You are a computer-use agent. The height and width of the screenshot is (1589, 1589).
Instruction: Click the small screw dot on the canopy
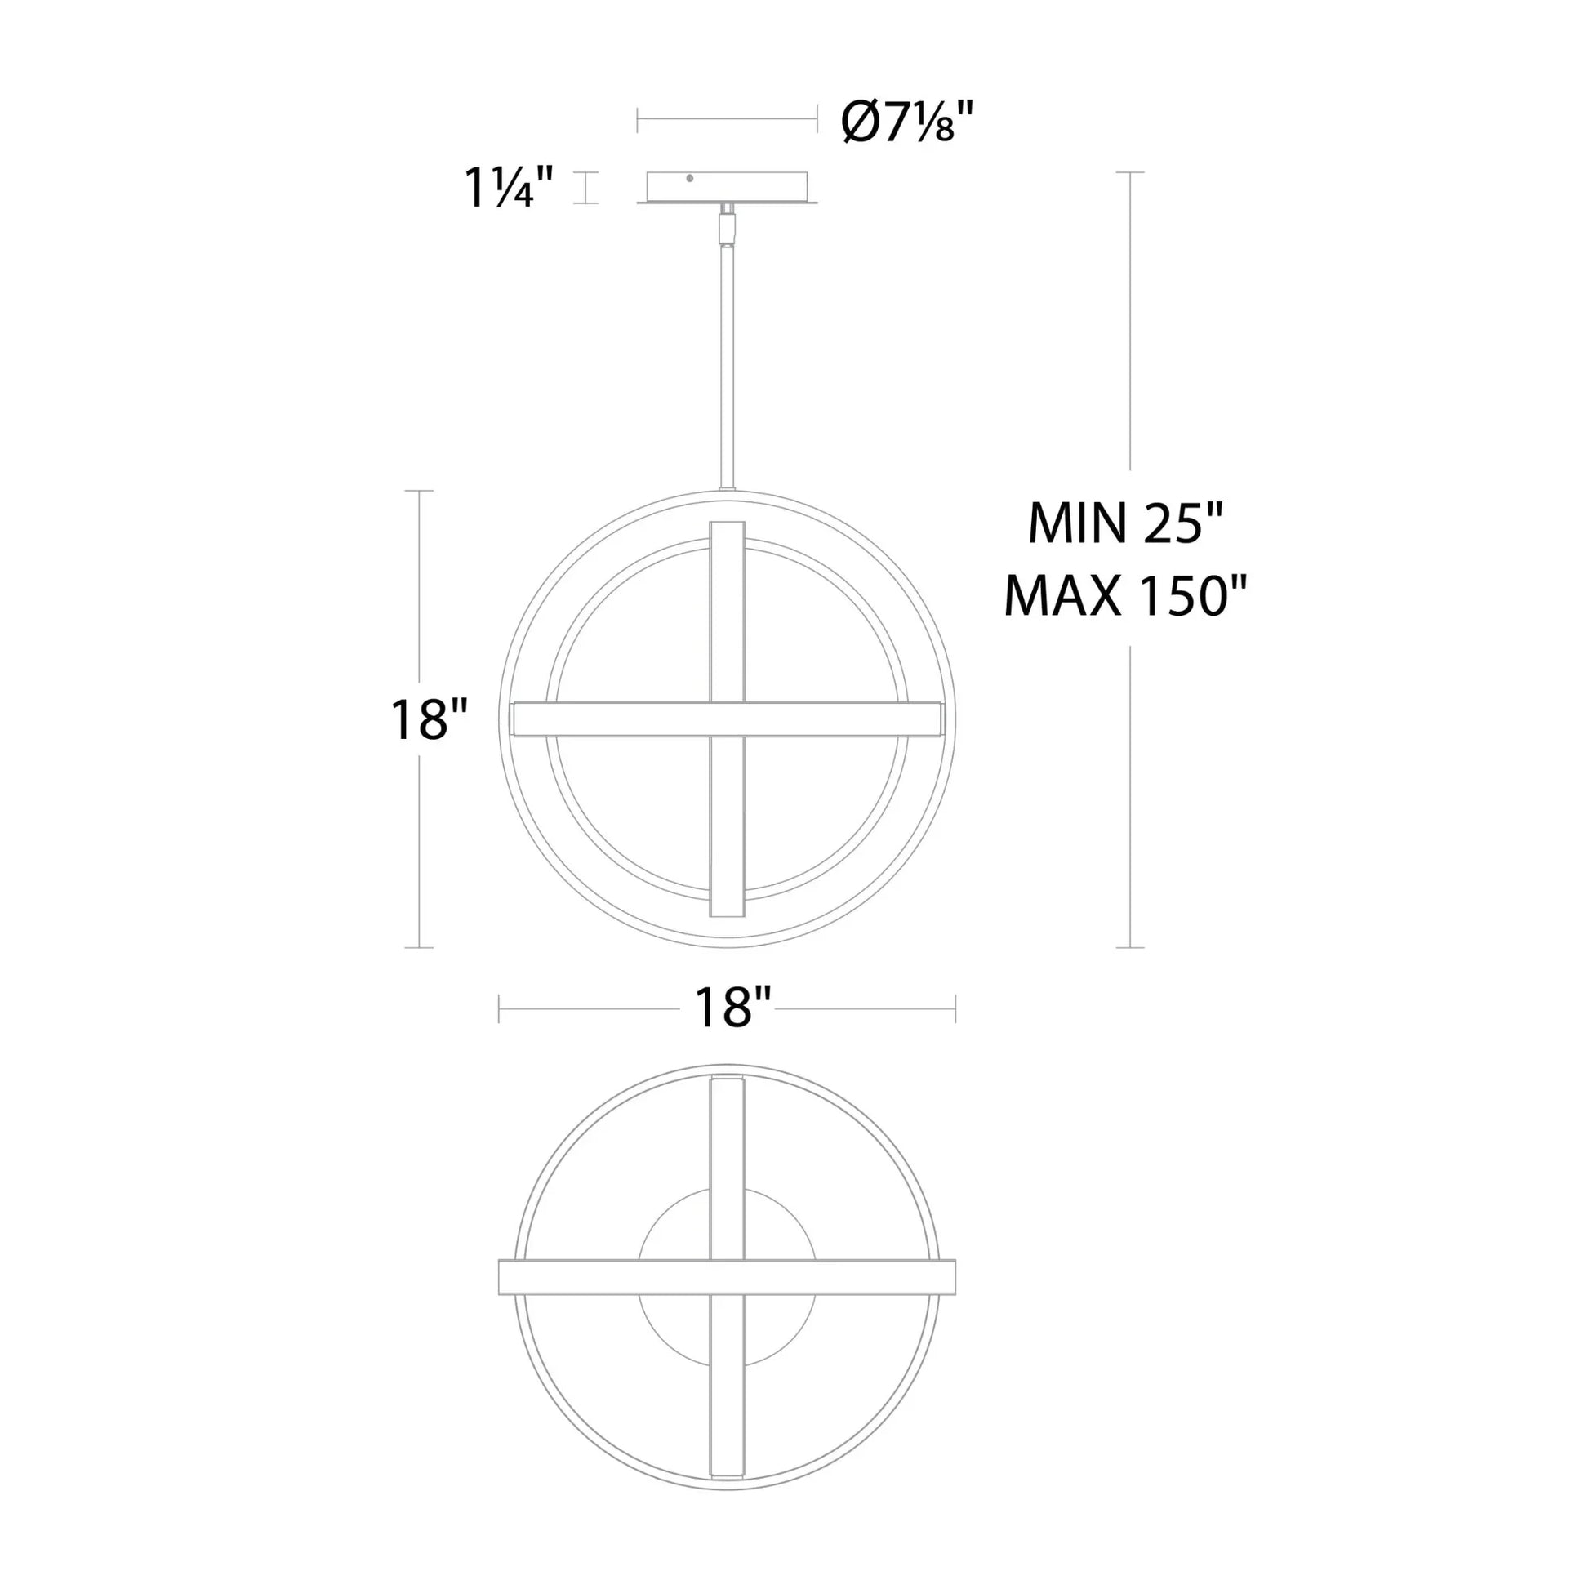(x=689, y=178)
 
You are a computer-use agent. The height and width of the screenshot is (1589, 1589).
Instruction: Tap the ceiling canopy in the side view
(x=727, y=188)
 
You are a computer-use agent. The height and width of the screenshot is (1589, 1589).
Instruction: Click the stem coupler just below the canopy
(x=727, y=225)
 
